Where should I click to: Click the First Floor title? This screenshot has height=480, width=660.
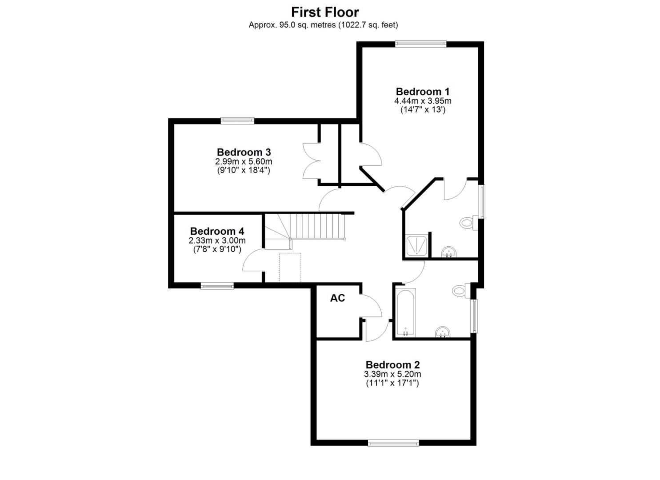325,12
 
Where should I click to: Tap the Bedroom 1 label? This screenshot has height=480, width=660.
422,92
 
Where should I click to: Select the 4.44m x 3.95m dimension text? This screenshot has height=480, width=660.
422,101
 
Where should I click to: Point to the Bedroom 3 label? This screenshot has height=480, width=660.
244,152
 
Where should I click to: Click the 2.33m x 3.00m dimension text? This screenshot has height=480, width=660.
217,240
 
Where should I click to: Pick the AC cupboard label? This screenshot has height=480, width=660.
337,298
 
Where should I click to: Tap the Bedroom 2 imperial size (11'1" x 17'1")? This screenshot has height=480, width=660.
392,383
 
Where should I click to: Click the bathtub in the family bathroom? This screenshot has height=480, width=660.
405,313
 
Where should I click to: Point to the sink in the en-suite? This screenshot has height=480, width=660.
449,253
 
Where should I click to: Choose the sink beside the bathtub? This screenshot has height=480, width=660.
443,332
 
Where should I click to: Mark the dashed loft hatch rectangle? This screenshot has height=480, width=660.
290,268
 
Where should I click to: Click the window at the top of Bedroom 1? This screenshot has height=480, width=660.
420,44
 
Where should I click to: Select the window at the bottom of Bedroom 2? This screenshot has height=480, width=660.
393,443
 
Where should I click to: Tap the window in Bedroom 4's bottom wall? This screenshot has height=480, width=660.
217,286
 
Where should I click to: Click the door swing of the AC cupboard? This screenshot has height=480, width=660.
372,307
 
